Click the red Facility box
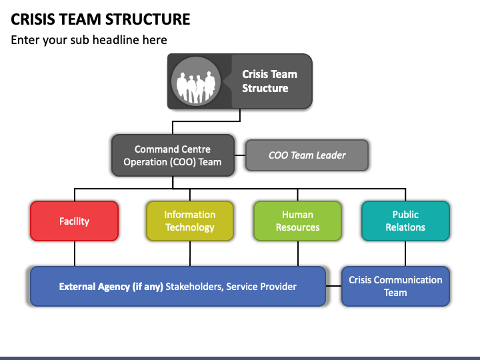(x=75, y=221)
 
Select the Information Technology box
(x=190, y=221)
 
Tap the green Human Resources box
(x=297, y=221)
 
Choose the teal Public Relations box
(x=405, y=221)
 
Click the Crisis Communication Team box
(x=395, y=286)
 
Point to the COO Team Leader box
(x=307, y=155)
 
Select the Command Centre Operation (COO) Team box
(x=173, y=155)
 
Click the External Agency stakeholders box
(x=178, y=286)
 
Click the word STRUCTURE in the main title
(x=148, y=19)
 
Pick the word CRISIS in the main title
(x=33, y=19)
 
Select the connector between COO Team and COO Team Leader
(x=240, y=155)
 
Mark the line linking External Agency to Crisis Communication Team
(x=333, y=286)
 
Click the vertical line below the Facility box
(x=75, y=254)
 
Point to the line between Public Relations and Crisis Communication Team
(x=405, y=254)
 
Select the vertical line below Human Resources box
(x=297, y=254)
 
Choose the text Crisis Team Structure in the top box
(x=269, y=81)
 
